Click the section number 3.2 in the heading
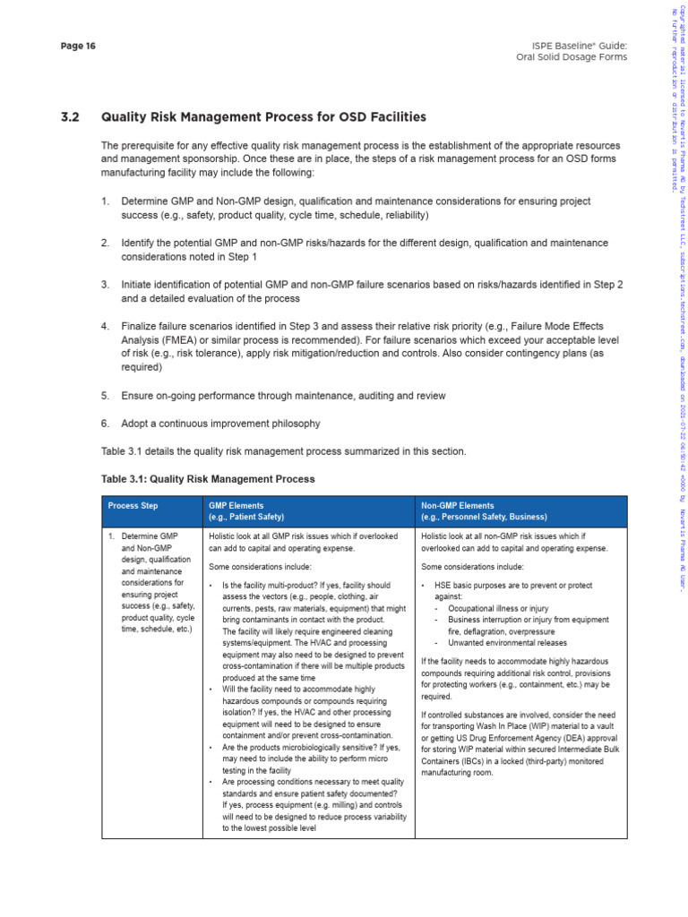click(71, 117)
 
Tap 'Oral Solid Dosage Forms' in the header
click(572, 57)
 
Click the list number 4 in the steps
click(105, 326)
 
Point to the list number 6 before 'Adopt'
click(105, 423)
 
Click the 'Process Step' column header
click(133, 506)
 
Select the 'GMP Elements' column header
click(236, 506)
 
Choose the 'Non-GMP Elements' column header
click(457, 506)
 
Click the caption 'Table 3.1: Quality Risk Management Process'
click(208, 479)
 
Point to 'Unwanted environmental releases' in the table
click(507, 643)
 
